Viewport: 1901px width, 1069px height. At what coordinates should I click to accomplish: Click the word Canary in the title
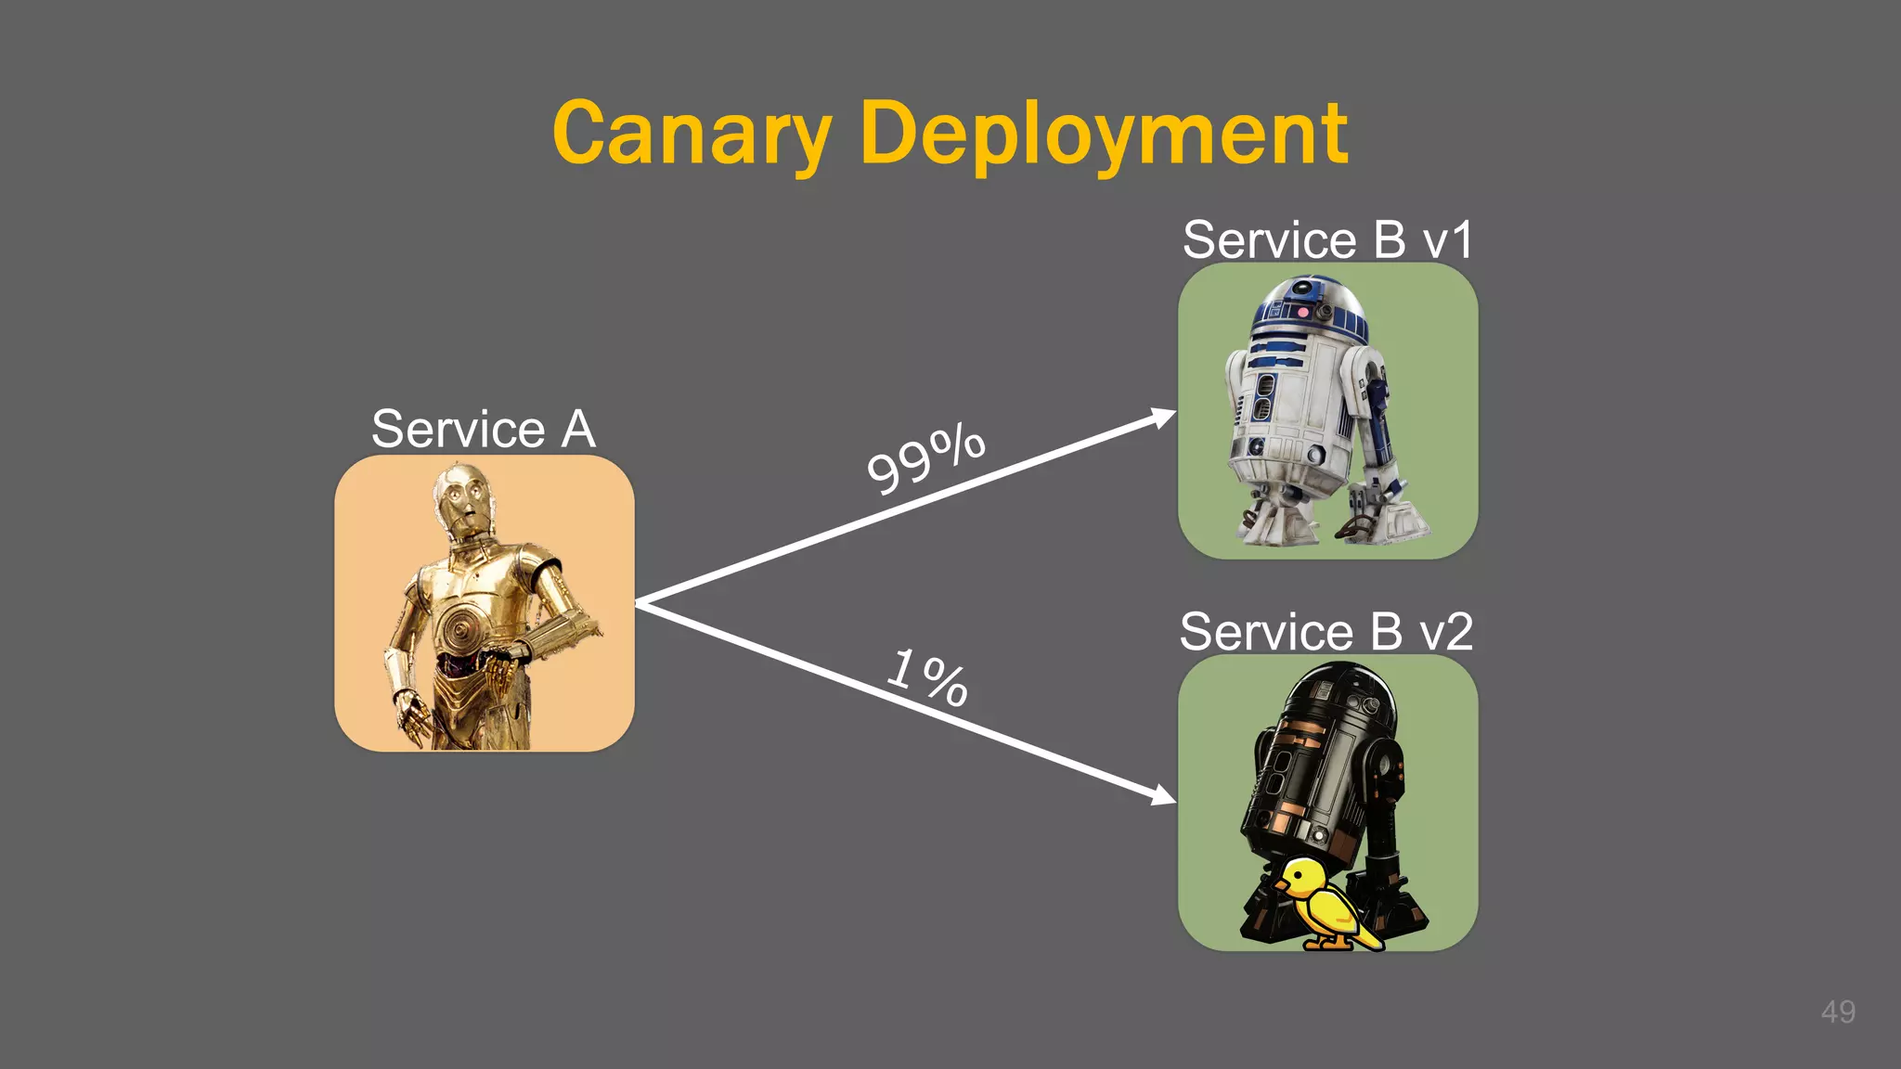click(692, 135)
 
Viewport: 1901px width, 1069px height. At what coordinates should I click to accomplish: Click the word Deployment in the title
click(1104, 135)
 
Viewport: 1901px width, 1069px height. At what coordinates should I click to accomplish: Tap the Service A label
click(483, 429)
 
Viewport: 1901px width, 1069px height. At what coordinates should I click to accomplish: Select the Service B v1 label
click(1327, 239)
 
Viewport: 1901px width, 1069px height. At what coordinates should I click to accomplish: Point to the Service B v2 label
click(1326, 632)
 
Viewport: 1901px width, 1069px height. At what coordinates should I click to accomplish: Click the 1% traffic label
click(928, 676)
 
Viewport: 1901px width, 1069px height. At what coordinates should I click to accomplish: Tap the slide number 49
click(1838, 1011)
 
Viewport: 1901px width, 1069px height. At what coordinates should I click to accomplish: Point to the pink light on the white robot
click(1302, 313)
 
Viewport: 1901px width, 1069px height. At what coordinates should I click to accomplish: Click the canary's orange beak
click(1281, 885)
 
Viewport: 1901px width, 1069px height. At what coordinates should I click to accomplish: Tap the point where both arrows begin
click(639, 603)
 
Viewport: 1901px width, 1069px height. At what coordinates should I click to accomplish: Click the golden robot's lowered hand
click(409, 715)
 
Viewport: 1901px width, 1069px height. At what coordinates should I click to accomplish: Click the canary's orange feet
click(1327, 943)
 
